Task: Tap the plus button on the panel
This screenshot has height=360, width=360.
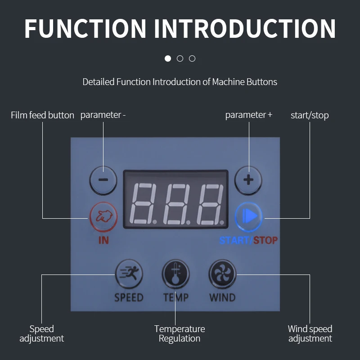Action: click(x=248, y=180)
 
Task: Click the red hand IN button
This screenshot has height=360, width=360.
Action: click(x=103, y=216)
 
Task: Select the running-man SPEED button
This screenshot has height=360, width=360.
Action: click(x=129, y=274)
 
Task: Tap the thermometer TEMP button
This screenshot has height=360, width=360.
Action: click(x=175, y=274)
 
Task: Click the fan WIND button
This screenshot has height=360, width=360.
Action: click(x=222, y=274)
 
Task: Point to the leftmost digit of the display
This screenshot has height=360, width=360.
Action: click(x=143, y=204)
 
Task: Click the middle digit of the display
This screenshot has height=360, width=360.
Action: click(x=176, y=204)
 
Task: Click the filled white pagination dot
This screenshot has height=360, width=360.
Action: click(x=168, y=58)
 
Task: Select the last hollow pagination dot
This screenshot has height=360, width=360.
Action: click(x=192, y=58)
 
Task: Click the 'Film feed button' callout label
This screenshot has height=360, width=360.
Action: click(x=42, y=115)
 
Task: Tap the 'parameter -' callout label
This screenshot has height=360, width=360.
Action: click(x=103, y=115)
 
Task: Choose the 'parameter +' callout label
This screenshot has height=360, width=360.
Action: click(x=249, y=115)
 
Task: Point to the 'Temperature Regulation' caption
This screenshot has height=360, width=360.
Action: click(x=180, y=333)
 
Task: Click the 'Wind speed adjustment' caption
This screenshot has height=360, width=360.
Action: click(x=310, y=333)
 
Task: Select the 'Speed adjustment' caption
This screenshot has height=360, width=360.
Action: click(x=41, y=333)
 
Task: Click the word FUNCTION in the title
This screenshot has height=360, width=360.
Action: click(x=85, y=28)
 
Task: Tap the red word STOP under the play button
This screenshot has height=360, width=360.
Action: click(x=265, y=240)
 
